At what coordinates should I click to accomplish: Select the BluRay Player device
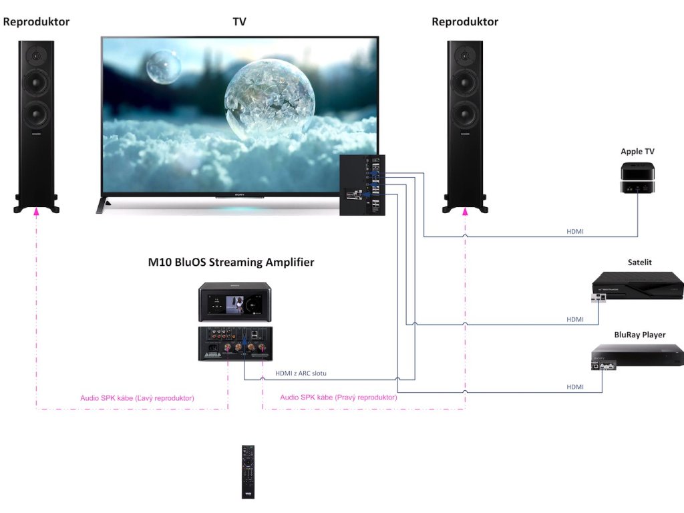(x=637, y=357)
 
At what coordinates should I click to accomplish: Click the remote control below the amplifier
(x=248, y=472)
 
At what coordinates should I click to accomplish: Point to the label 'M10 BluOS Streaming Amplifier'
(x=231, y=263)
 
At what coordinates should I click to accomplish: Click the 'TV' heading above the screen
(x=239, y=21)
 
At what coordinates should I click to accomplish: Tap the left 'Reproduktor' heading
(x=36, y=21)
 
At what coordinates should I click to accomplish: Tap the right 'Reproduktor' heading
(x=465, y=21)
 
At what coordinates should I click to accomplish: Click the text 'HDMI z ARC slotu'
(x=301, y=373)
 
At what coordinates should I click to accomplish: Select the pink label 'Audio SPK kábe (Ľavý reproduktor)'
(x=137, y=398)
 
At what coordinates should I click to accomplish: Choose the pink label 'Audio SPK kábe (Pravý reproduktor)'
(x=339, y=397)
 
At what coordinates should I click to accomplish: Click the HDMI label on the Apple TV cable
(x=575, y=231)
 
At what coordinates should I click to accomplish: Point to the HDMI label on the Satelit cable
(x=575, y=320)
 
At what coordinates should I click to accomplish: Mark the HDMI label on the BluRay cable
(x=575, y=387)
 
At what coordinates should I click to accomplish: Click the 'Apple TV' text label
(x=637, y=152)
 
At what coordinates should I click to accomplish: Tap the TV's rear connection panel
(x=362, y=184)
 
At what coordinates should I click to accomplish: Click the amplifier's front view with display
(x=234, y=303)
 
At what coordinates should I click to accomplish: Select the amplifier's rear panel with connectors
(x=234, y=343)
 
